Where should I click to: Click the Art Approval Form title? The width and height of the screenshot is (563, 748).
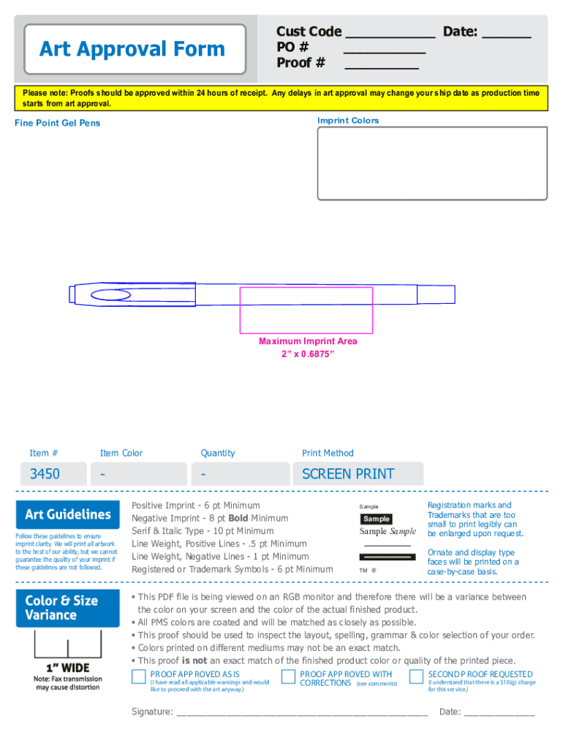click(x=132, y=49)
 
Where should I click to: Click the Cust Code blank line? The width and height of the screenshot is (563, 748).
click(x=390, y=34)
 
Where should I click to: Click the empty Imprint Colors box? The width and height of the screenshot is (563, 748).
click(x=432, y=163)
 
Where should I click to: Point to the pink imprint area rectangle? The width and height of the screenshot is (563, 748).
click(x=306, y=309)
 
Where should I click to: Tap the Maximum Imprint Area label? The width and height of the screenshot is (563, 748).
click(x=308, y=341)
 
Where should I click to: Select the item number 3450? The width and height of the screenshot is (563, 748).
click(x=45, y=474)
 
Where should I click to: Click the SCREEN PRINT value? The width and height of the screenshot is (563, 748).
click(x=348, y=474)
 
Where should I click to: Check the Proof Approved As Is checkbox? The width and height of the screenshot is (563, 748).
click(x=139, y=676)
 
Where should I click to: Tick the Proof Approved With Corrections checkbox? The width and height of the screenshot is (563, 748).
click(x=287, y=676)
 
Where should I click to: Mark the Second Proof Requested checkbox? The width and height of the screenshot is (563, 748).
click(x=416, y=676)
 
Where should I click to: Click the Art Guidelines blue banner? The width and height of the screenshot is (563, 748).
click(x=67, y=514)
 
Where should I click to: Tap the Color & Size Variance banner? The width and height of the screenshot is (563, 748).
click(x=67, y=607)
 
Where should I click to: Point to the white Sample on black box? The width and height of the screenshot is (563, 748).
click(x=377, y=519)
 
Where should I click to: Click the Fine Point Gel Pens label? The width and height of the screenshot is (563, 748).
click(x=57, y=123)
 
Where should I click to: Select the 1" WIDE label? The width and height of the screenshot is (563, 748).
click(x=67, y=668)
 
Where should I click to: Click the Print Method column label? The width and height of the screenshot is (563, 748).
click(x=328, y=453)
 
